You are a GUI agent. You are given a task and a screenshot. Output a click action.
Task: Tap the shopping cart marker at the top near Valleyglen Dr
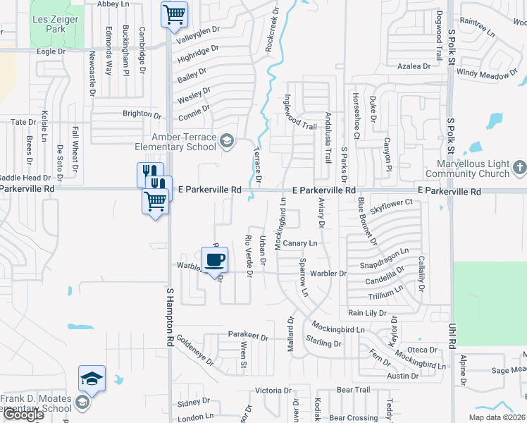point(173,14)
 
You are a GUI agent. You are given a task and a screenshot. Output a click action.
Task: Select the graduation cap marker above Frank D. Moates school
point(92,379)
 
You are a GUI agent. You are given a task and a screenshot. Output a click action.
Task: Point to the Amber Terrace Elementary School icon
point(226,141)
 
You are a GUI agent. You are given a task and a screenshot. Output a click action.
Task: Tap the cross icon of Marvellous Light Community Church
point(519,168)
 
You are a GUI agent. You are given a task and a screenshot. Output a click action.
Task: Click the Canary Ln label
point(301,243)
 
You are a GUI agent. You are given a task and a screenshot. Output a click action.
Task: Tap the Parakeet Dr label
point(248,337)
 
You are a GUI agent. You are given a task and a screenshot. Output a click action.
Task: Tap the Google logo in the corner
point(23,415)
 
